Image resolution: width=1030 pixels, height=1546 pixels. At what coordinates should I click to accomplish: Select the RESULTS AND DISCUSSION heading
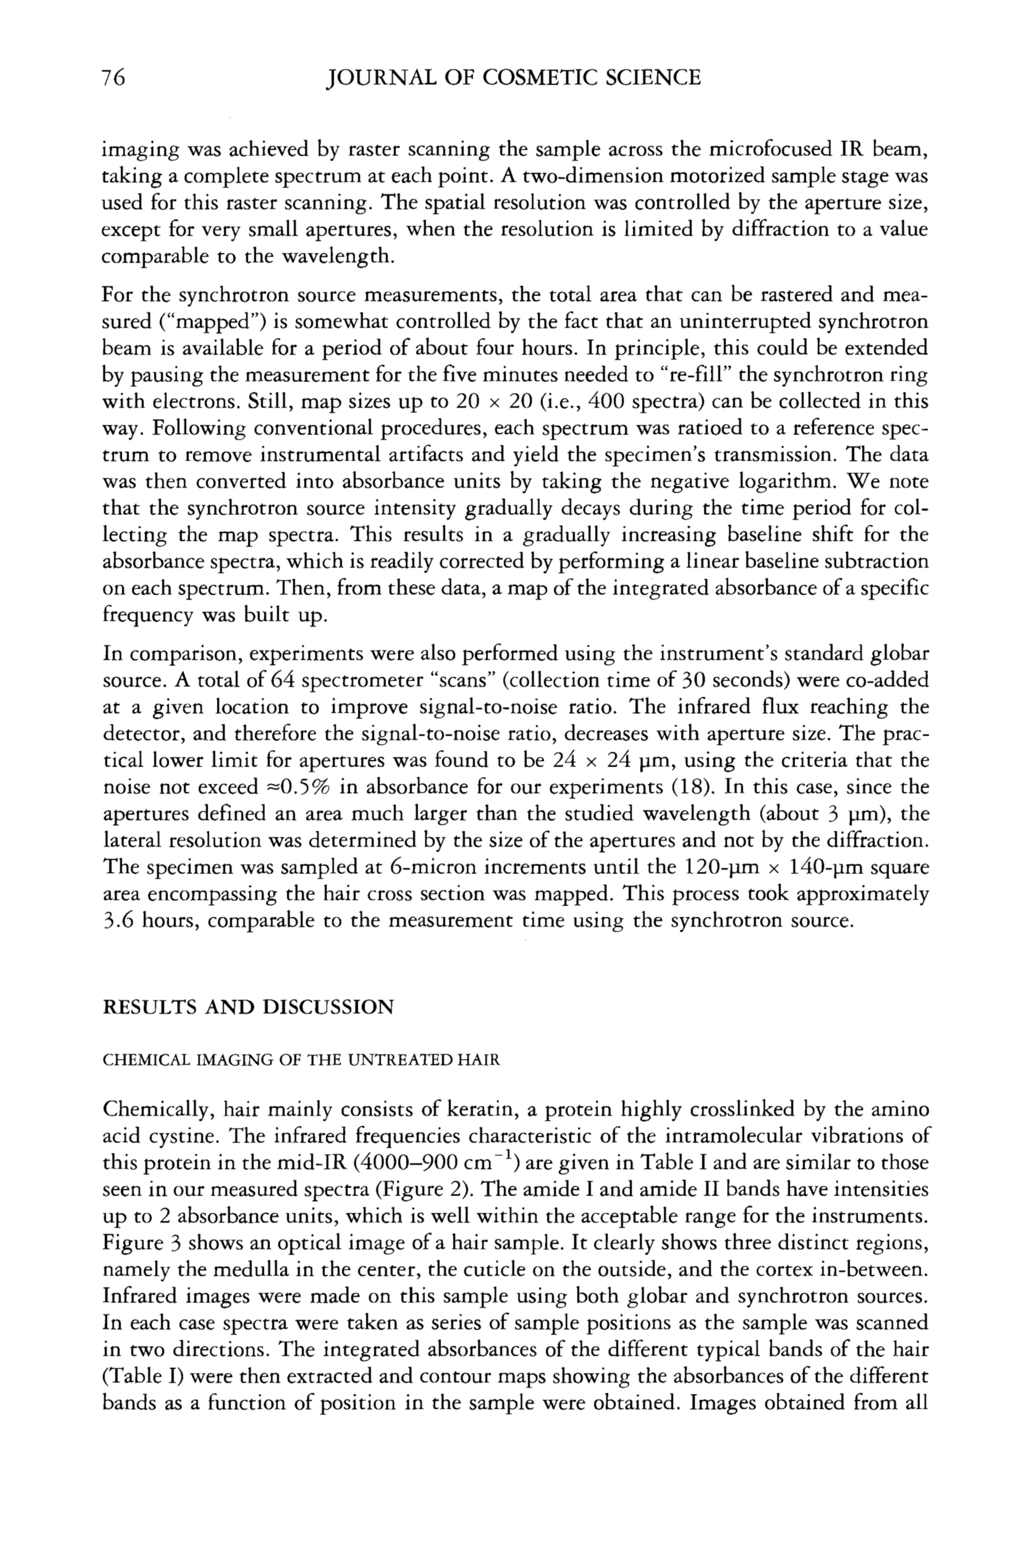[x=248, y=1007]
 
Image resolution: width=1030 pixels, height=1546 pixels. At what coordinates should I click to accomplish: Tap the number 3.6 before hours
[x=118, y=920]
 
